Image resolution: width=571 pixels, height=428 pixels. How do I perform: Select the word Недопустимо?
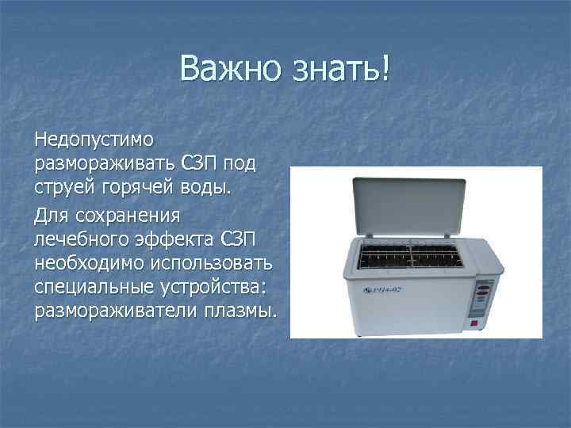94,139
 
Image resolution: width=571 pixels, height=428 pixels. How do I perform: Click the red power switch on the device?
473,323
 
